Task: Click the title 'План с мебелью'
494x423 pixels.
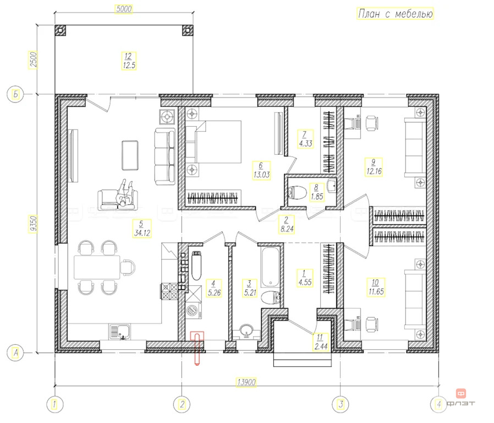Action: (395, 14)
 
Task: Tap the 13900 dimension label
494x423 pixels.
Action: (246, 382)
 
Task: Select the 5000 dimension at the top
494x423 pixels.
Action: (124, 9)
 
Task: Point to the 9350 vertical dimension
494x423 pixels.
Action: (33, 224)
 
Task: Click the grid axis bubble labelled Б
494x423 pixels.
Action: (15, 94)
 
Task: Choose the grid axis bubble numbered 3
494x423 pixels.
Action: (341, 404)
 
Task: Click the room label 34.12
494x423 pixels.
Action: (142, 233)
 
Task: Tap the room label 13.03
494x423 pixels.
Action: (261, 175)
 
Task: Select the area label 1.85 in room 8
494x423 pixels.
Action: (317, 197)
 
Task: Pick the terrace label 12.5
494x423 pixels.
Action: (129, 66)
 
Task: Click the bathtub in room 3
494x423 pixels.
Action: (270, 267)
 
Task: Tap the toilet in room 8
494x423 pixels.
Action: (297, 192)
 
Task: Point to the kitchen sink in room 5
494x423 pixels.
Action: (120, 332)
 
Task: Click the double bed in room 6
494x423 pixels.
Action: (213, 142)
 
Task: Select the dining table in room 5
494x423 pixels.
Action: (97, 267)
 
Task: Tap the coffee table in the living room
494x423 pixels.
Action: (130, 155)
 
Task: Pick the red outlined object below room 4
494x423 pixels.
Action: (197, 348)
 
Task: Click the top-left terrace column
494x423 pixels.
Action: (61, 30)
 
